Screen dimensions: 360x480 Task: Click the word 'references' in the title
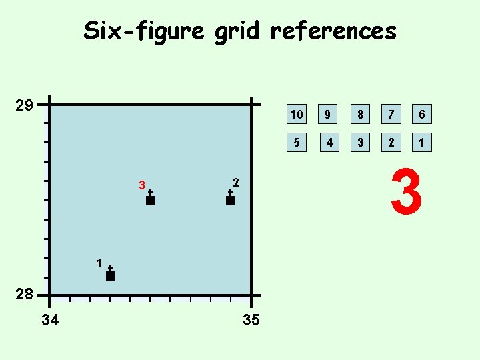pos(333,31)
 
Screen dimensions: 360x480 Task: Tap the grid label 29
pos(25,105)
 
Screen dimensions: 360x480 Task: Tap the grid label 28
pos(25,295)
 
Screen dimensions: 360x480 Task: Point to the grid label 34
pos(49,321)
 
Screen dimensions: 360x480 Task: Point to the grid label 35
pos(251,321)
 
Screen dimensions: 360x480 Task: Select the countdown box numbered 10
pos(297,115)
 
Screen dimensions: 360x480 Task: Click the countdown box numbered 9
pos(328,115)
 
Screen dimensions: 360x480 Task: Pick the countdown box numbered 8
pos(360,115)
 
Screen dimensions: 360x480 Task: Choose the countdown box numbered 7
pos(391,115)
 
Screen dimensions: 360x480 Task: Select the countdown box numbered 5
pos(297,142)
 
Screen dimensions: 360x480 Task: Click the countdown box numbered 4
pos(328,142)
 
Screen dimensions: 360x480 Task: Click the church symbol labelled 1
pos(110,273)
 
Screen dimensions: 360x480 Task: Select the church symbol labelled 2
pos(230,198)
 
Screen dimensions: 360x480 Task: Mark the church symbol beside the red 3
pos(150,198)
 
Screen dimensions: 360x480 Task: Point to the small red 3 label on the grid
pos(141,185)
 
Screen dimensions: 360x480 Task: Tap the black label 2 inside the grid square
pos(236,182)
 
